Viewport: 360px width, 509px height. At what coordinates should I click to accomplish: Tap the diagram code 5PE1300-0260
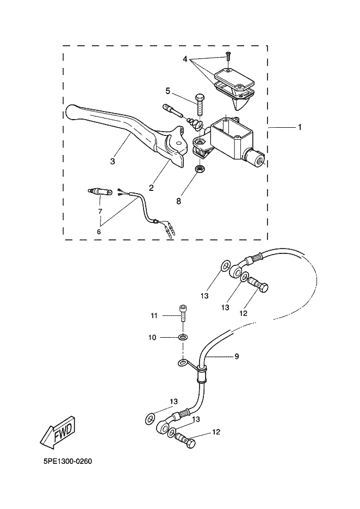pos(67,461)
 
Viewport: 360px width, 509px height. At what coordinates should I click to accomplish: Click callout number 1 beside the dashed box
pos(300,127)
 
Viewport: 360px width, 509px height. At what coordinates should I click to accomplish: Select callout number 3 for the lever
pos(113,162)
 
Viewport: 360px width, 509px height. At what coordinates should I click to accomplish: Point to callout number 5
pos(168,91)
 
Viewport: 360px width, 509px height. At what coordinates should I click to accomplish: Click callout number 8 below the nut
pos(179,201)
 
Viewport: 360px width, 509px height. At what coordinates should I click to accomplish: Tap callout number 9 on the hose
pos(237,356)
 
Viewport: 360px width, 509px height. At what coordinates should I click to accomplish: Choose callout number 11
pos(154,315)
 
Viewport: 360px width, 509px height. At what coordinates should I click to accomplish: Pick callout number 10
pos(152,338)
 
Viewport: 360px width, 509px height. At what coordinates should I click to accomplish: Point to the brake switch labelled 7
pos(100,192)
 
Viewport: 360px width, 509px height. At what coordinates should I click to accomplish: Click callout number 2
pos(151,188)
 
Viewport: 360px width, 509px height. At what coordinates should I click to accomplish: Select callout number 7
pos(100,212)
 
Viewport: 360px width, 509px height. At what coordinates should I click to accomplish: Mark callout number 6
pos(99,232)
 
